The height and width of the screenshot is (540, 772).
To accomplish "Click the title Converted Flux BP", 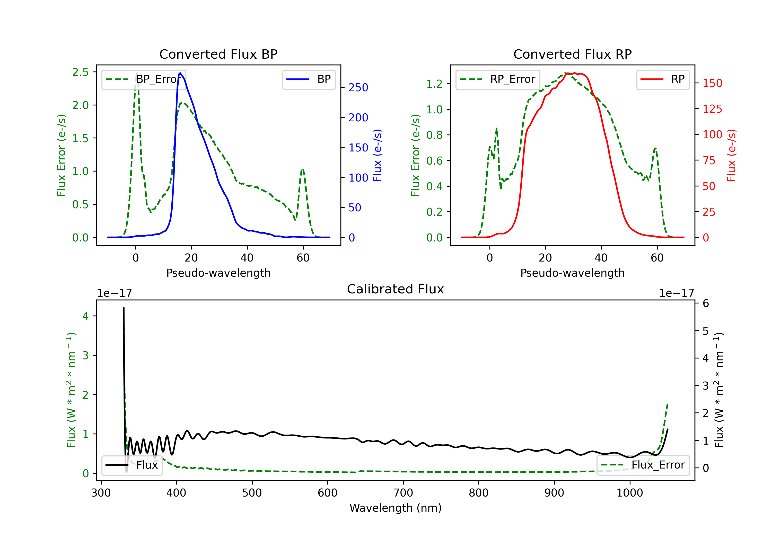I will [218, 54].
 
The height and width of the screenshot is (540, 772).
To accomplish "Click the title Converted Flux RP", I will [572, 54].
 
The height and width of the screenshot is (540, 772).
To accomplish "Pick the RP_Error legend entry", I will [498, 79].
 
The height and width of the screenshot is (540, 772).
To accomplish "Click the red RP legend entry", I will [663, 79].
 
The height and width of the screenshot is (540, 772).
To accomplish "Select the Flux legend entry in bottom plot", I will [132, 465].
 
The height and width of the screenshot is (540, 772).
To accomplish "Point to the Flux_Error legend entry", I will [643, 465].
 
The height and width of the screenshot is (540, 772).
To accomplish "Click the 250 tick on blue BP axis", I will [358, 88].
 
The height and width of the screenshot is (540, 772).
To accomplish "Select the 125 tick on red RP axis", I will [712, 109].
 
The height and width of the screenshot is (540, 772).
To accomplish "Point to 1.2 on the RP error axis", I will [434, 84].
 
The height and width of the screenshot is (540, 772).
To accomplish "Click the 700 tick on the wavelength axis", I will [403, 493].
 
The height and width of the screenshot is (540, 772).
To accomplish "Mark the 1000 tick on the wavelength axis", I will [630, 493].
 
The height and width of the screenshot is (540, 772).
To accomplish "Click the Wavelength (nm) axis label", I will [396, 508].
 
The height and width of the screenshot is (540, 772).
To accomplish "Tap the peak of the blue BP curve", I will [180, 73].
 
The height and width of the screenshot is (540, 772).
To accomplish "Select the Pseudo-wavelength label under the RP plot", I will [572, 273].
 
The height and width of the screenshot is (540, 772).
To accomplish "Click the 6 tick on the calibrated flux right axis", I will [705, 303].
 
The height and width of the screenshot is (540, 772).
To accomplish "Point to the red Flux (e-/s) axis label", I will [732, 156].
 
